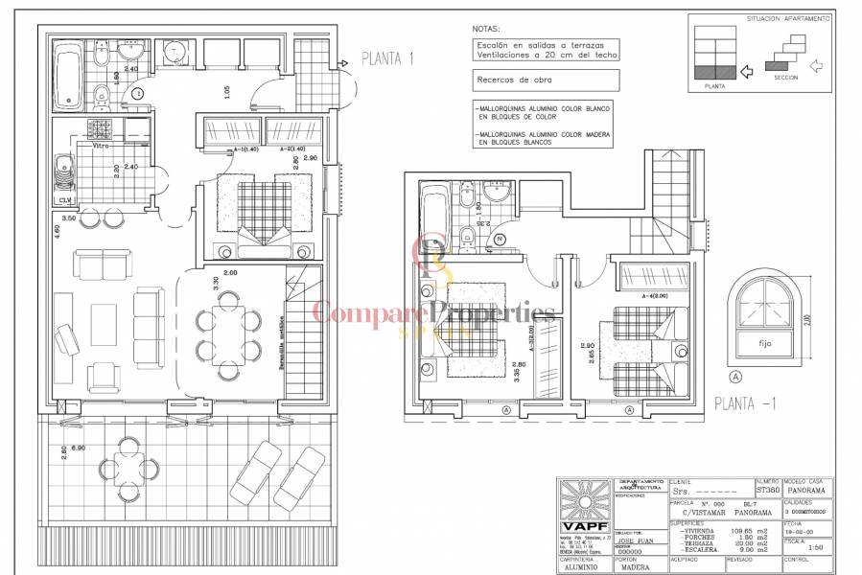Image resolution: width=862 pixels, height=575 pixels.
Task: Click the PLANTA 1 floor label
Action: point(388,58)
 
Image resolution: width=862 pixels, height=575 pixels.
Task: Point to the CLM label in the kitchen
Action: point(65,200)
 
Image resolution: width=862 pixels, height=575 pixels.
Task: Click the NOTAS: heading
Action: point(487,30)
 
